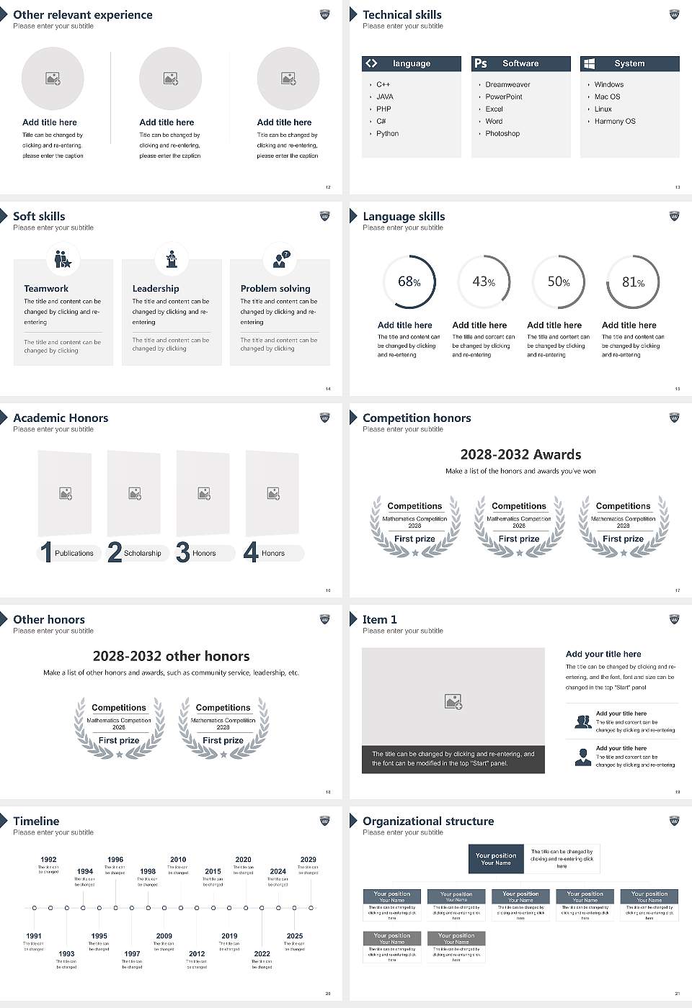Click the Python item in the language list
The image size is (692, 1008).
[387, 134]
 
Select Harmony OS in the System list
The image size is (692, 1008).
[615, 122]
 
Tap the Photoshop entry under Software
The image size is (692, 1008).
[502, 134]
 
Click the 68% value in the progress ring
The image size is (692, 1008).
[409, 282]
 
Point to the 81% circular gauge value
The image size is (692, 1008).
[633, 282]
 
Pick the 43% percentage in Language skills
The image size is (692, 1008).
[484, 282]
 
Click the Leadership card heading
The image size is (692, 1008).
[156, 289]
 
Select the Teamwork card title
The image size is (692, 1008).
[46, 289]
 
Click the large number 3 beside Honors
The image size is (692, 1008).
[183, 552]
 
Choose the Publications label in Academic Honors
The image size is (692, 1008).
[74, 554]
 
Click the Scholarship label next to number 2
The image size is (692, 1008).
[143, 554]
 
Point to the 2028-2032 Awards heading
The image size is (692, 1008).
[520, 454]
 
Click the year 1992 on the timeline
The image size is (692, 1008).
[48, 860]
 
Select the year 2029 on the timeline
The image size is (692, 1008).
[308, 860]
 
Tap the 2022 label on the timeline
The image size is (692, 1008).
[262, 954]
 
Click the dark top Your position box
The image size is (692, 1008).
[496, 859]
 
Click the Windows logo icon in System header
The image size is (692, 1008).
[590, 63]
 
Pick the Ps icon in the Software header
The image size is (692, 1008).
[481, 63]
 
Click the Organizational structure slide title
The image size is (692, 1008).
[428, 822]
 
